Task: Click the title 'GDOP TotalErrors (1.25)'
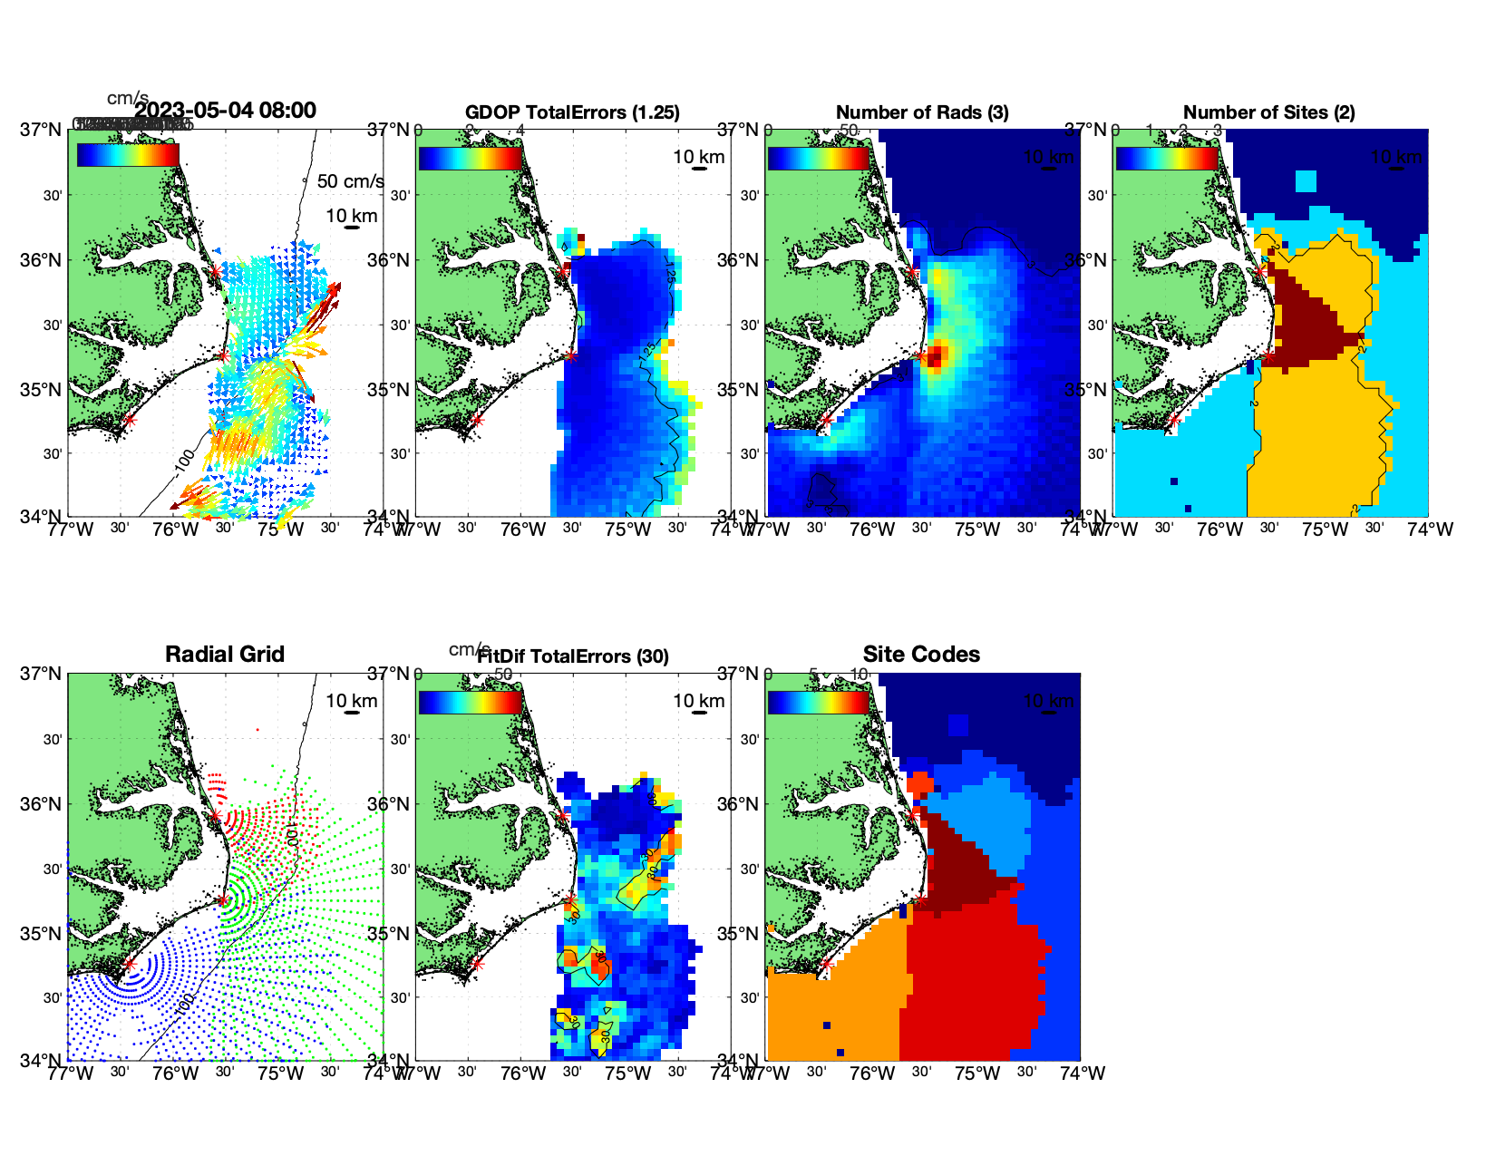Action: click(572, 112)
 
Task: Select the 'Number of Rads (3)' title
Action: click(922, 112)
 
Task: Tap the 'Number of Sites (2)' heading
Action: click(1268, 112)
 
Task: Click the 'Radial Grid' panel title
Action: click(225, 655)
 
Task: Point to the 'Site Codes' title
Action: click(921, 655)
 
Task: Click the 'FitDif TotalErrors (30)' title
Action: click(573, 656)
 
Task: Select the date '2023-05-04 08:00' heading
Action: click(226, 111)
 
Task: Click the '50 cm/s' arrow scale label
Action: click(350, 181)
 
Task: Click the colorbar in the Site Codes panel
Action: click(819, 702)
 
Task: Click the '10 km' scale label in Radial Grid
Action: click(352, 701)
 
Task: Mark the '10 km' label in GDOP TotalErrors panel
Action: click(699, 157)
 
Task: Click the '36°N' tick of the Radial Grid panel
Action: click(43, 804)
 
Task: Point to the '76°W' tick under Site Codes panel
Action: click(872, 1073)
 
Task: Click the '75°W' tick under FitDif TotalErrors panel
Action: click(628, 1073)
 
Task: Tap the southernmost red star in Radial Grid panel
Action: click(130, 964)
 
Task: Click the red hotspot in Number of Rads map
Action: click(936, 355)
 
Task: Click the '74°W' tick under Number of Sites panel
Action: click(1430, 529)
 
